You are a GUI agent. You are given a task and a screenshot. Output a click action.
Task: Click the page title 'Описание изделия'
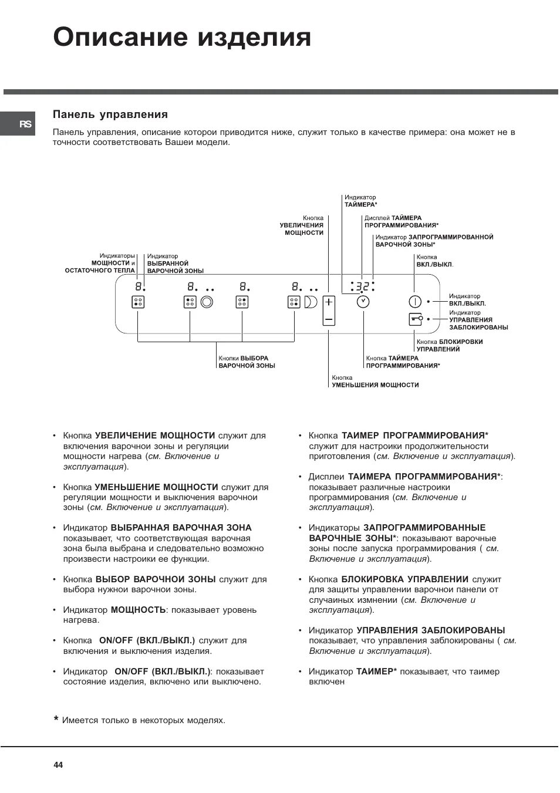tap(182, 38)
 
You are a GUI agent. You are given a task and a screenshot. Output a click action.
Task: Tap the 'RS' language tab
tap(25, 124)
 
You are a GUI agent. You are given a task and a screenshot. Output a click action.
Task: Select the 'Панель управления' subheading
tap(110, 114)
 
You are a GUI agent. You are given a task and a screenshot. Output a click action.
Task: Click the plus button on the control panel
tap(329, 302)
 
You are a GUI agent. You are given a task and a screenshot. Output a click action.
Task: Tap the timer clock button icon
tap(363, 302)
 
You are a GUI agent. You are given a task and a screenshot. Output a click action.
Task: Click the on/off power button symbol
tap(415, 302)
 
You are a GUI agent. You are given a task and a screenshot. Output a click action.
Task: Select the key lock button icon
tap(415, 319)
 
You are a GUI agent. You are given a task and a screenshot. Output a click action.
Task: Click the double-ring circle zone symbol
tap(207, 302)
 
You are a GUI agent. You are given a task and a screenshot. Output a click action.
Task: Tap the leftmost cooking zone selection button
tap(138, 302)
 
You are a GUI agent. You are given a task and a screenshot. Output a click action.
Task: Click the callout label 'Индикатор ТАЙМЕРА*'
tap(360, 201)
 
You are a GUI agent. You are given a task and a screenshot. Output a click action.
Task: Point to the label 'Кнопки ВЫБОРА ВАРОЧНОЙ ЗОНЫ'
tap(247, 362)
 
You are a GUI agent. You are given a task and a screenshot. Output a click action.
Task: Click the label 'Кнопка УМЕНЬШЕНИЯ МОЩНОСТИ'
tap(375, 382)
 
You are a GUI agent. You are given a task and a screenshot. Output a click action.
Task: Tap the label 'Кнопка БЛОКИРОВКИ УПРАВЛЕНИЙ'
tap(450, 345)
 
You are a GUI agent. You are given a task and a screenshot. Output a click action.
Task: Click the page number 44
tap(58, 765)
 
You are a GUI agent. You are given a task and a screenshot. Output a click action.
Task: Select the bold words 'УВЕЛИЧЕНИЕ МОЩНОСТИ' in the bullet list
tap(155, 436)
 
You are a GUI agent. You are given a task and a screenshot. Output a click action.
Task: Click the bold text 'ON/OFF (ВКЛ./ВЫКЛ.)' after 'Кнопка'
tap(147, 640)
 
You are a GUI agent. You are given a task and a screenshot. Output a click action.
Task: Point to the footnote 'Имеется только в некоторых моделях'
tap(143, 720)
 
